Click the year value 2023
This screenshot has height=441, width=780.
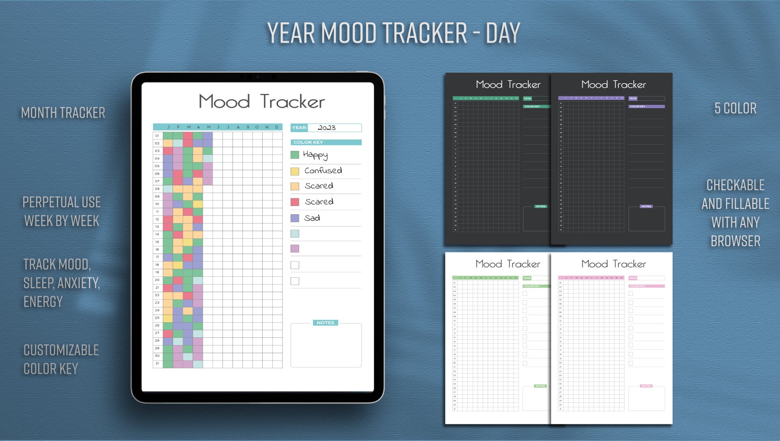click(x=326, y=128)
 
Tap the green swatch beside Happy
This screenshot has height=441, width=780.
click(x=295, y=155)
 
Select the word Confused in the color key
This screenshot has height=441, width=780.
click(x=323, y=171)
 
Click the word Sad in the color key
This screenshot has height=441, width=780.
click(x=312, y=218)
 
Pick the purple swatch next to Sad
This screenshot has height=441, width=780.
click(x=295, y=218)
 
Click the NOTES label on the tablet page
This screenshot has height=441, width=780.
click(x=325, y=323)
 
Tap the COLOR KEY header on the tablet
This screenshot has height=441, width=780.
click(x=308, y=142)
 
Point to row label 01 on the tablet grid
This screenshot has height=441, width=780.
click(x=157, y=136)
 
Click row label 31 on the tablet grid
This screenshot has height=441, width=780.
click(x=157, y=363)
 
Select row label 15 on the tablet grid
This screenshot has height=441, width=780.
click(x=157, y=242)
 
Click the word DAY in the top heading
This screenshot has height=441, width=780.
click(x=503, y=33)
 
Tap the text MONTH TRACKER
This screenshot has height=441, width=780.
click(x=63, y=113)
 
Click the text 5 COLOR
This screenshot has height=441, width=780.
click(x=735, y=109)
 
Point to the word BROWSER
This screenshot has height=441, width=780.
click(x=735, y=241)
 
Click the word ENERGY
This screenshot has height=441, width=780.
click(x=43, y=302)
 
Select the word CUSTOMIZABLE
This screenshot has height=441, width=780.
click(x=61, y=350)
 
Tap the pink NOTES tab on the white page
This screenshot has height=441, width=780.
click(x=646, y=386)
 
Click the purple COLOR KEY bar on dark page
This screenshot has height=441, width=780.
click(x=646, y=106)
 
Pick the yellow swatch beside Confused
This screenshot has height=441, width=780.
click(x=295, y=171)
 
